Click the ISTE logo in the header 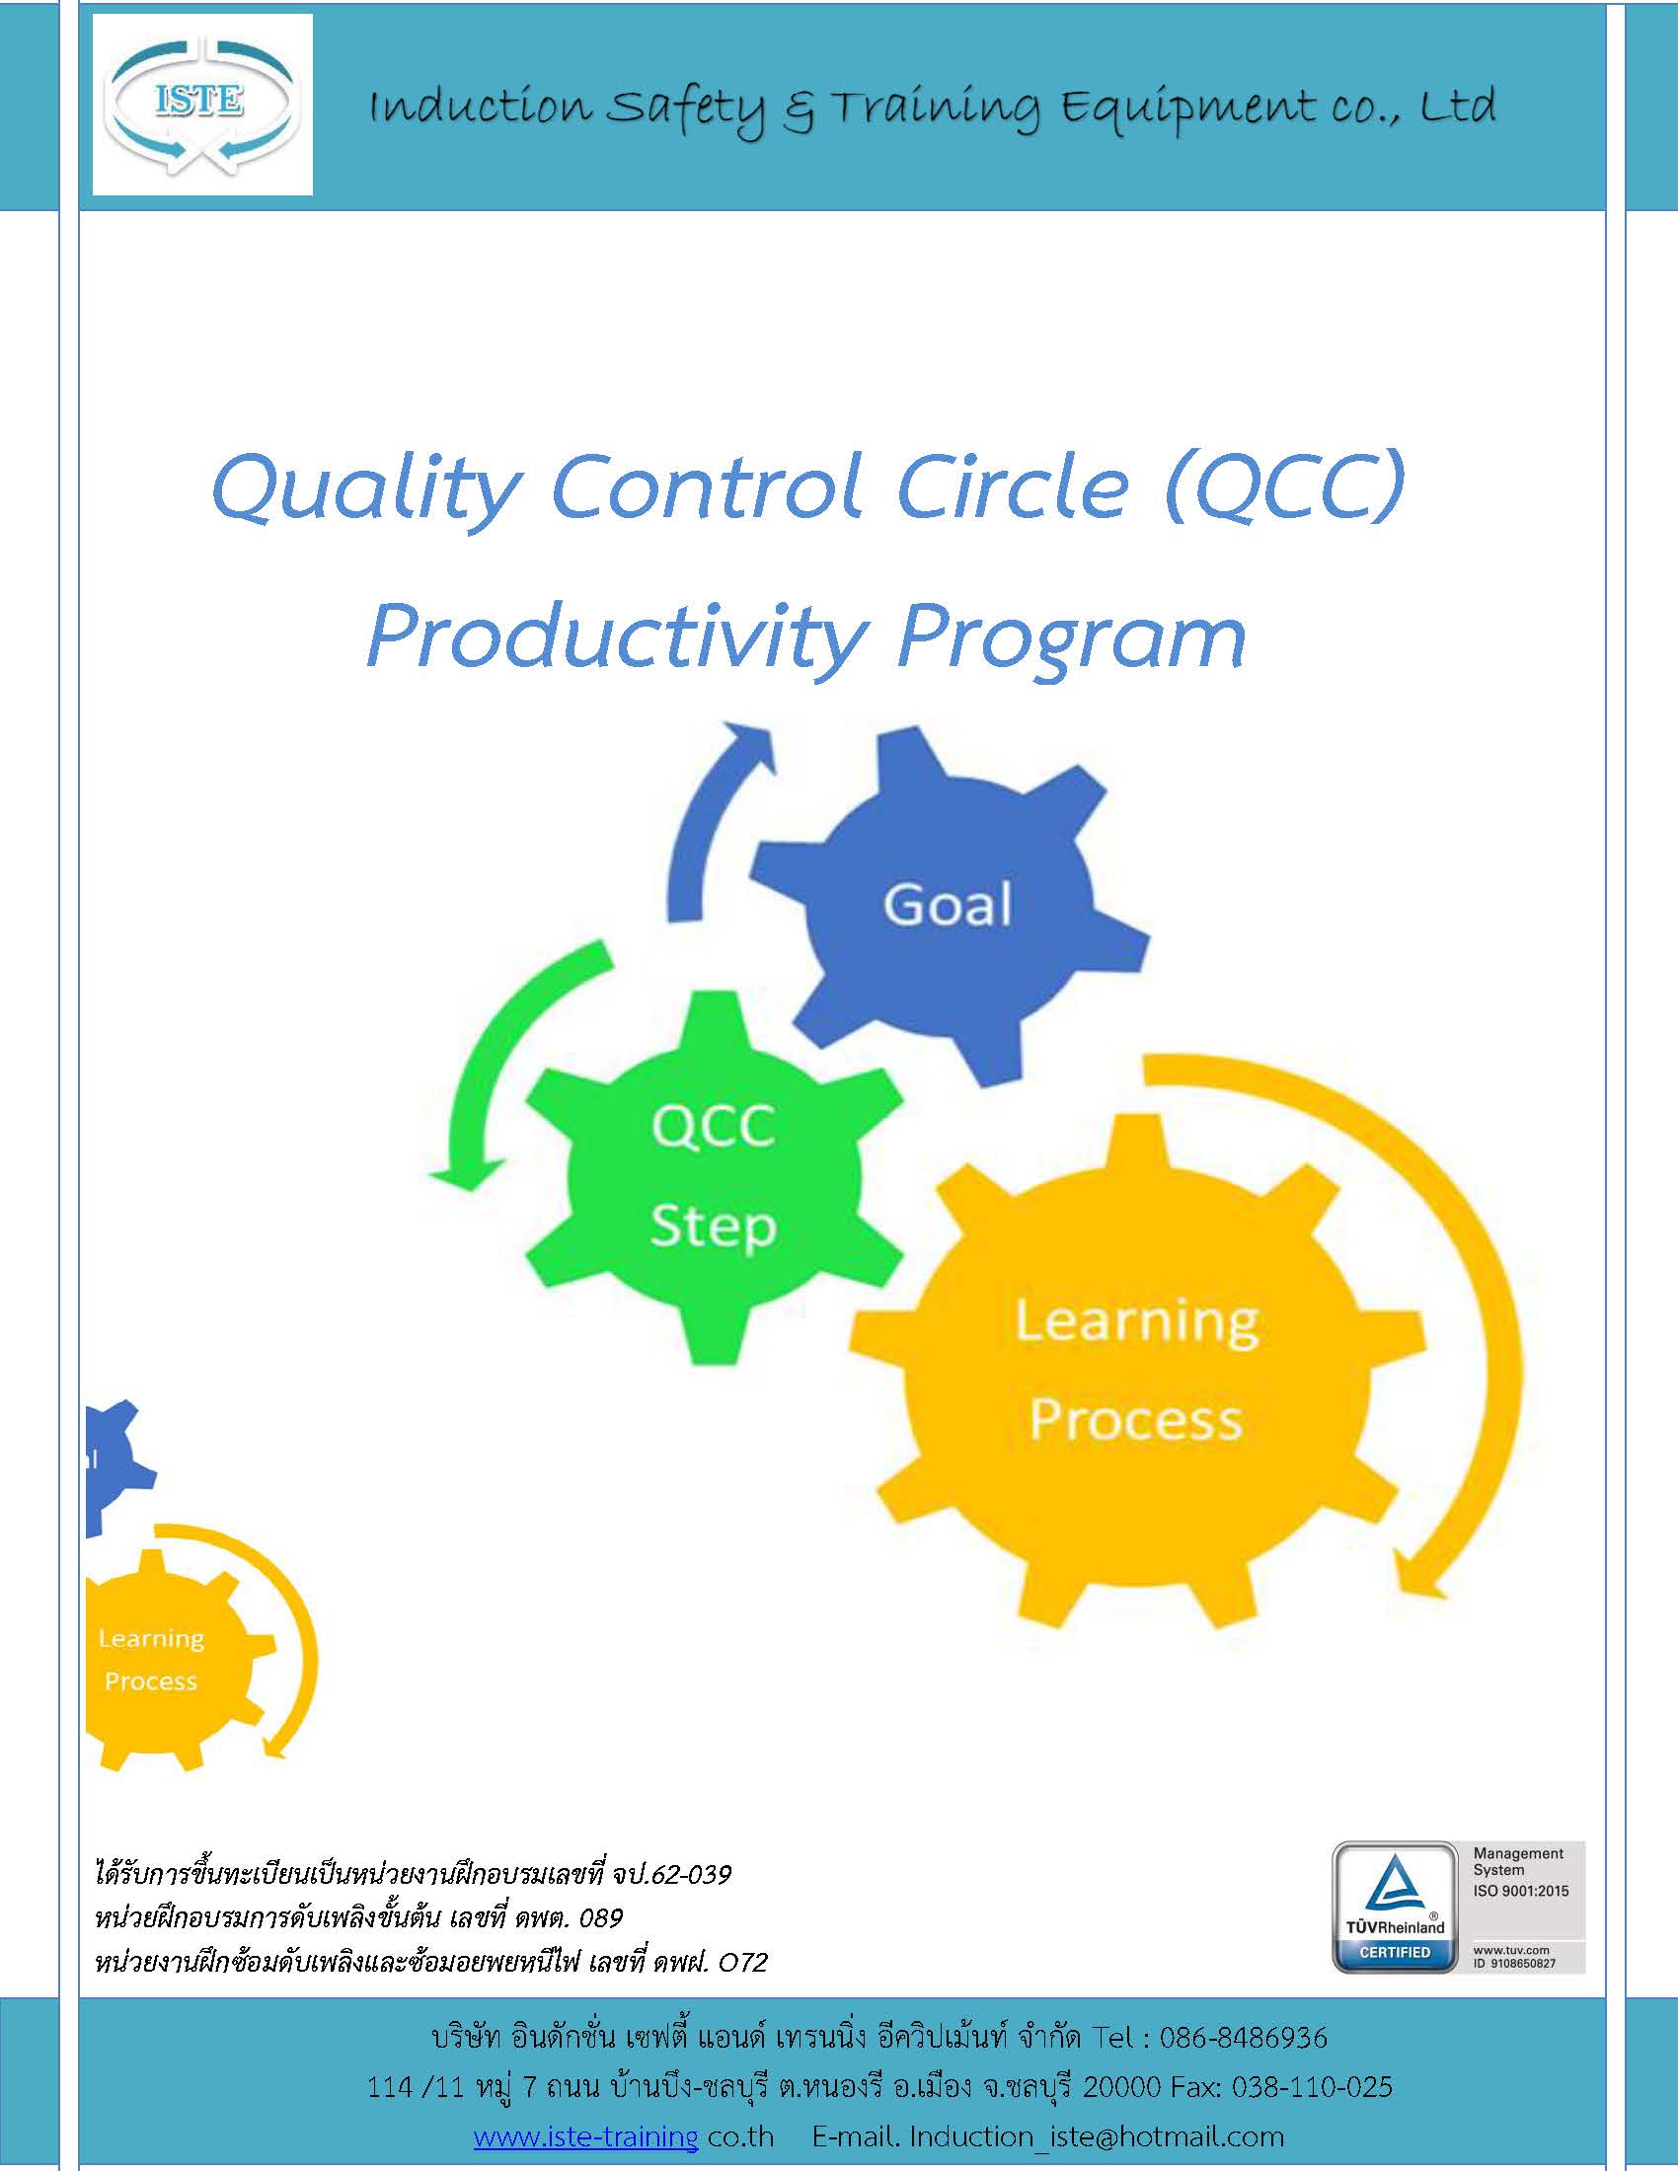click(x=201, y=105)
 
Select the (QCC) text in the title click(x=1286, y=485)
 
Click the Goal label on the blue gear click(x=948, y=905)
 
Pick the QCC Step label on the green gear click(x=713, y=1176)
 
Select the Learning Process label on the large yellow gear click(x=1136, y=1370)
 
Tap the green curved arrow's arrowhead click(x=463, y=1173)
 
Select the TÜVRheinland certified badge click(x=1395, y=1908)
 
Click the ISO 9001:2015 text click(x=1521, y=1891)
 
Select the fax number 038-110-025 click(x=1312, y=2086)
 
